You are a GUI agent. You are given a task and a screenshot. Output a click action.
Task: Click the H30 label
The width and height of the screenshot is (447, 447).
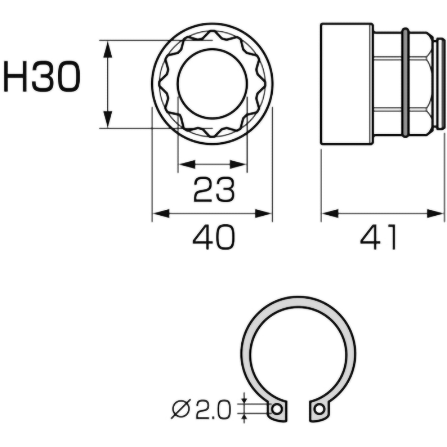tap(42, 77)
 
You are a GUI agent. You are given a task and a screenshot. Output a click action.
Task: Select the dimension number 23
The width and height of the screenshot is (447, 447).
tap(214, 190)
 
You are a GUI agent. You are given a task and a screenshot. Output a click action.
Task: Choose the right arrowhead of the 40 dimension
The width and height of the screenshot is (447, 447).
tap(264, 214)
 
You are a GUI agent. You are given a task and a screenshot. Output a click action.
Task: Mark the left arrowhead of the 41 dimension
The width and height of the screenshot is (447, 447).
tap(330, 214)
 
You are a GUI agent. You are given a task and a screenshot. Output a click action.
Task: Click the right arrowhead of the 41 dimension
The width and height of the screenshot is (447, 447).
tap(436, 214)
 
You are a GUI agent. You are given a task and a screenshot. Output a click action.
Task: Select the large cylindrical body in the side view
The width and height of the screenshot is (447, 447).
tap(346, 84)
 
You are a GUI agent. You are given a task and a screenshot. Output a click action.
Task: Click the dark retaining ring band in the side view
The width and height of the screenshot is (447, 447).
tap(405, 84)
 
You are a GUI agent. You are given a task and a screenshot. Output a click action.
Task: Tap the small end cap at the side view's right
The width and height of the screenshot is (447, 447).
tap(441, 84)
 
